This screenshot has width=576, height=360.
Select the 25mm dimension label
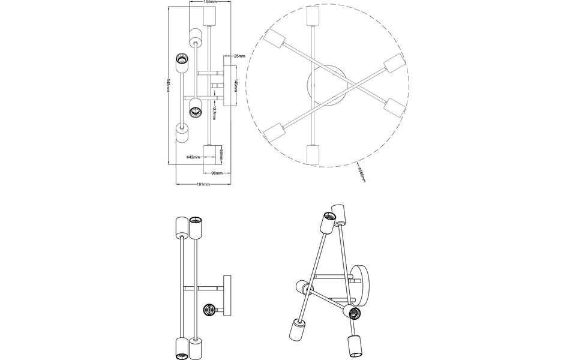pyautogui.click(x=239, y=56)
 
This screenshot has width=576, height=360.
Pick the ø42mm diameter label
pyautogui.click(x=192, y=157)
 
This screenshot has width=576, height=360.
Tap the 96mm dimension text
pyautogui.click(x=217, y=173)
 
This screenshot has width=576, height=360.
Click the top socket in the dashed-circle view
pyautogui.click(x=312, y=16)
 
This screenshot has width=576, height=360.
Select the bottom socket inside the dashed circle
pyautogui.click(x=312, y=155)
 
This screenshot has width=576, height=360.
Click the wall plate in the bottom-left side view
pyautogui.click(x=227, y=295)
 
